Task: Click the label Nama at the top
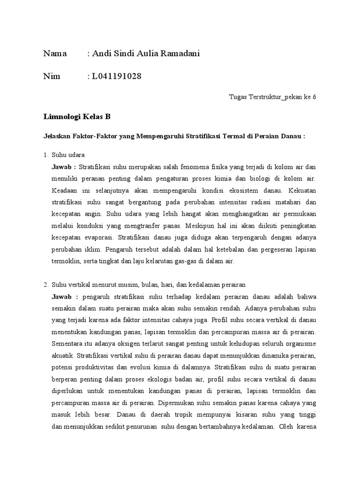point(55,54)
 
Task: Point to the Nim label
point(52,76)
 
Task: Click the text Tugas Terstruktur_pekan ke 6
point(272,97)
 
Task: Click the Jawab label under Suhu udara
point(63,166)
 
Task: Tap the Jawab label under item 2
point(63,297)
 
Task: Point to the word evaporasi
point(99,237)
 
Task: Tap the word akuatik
point(63,356)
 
